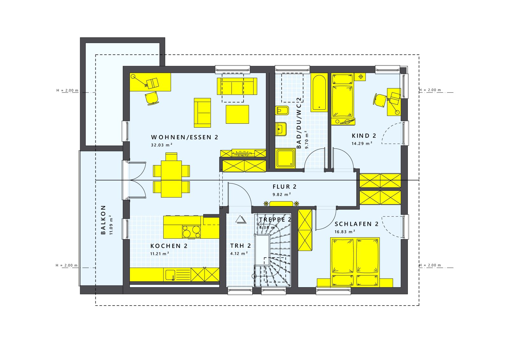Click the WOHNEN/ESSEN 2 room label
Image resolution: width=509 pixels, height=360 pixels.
(x=185, y=137)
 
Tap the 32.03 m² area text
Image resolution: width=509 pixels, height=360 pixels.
(x=161, y=145)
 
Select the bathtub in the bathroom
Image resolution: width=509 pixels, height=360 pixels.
(x=319, y=93)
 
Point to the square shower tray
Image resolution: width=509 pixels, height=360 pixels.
(x=285, y=158)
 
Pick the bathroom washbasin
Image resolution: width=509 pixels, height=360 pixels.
(x=281, y=129)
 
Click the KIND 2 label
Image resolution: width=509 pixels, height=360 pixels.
(x=364, y=136)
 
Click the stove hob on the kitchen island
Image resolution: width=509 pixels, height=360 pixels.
(x=191, y=232)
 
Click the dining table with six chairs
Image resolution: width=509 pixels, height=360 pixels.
(x=171, y=175)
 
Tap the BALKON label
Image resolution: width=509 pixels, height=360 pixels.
(x=103, y=220)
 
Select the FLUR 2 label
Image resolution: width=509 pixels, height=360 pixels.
(x=284, y=187)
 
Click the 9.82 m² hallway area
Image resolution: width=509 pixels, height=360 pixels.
(x=282, y=194)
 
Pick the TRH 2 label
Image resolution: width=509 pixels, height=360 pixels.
(x=241, y=246)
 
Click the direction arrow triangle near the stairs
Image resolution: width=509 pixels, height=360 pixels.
(x=241, y=220)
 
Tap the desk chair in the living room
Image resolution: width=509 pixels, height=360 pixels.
(x=152, y=98)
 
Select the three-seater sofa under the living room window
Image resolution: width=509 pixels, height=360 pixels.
(x=237, y=86)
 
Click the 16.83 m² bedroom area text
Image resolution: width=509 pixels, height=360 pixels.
(x=345, y=232)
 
